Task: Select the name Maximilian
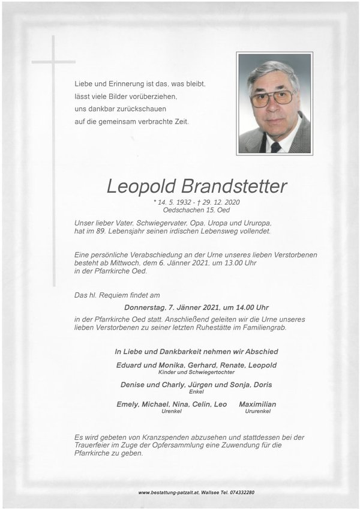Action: (x=257, y=405)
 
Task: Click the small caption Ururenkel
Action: (x=257, y=412)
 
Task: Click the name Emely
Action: (x=128, y=405)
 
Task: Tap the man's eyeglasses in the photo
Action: (x=271, y=97)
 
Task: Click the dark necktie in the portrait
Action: (x=275, y=146)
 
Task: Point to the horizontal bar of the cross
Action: (x=53, y=61)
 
